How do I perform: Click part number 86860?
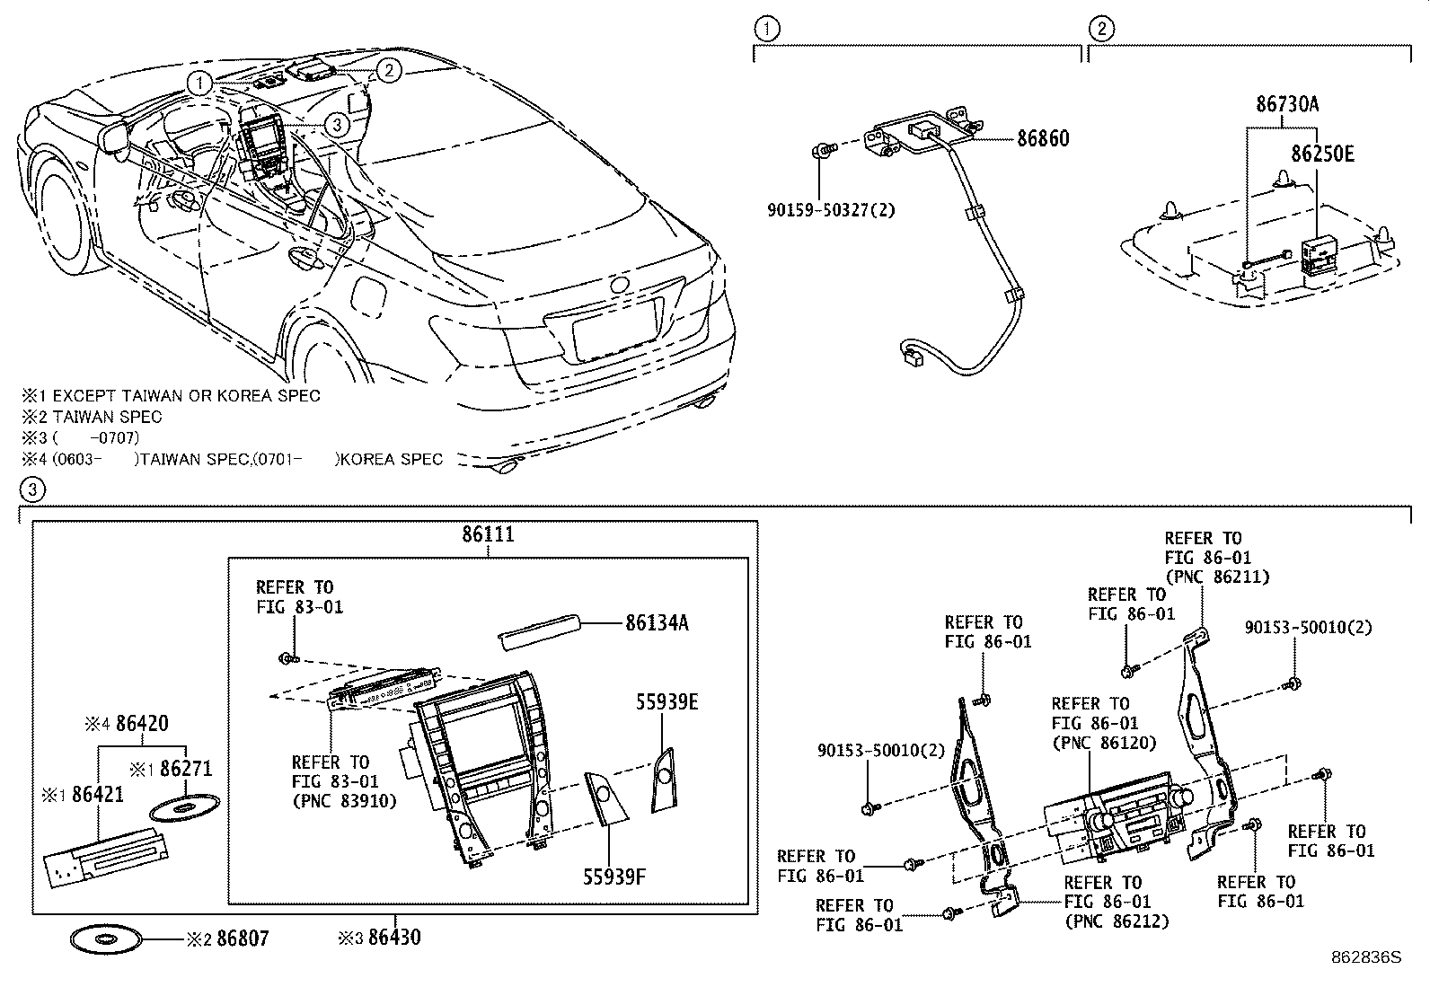pyautogui.click(x=1043, y=139)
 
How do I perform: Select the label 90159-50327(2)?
pyautogui.click(x=831, y=210)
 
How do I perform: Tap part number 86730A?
pyautogui.click(x=1286, y=104)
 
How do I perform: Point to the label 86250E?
pyautogui.click(x=1322, y=154)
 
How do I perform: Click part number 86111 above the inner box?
pyautogui.click(x=488, y=534)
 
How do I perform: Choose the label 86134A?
pyautogui.click(x=657, y=622)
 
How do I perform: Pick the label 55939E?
pyautogui.click(x=666, y=702)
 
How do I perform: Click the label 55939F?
pyautogui.click(x=615, y=877)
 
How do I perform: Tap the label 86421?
pyautogui.click(x=98, y=795)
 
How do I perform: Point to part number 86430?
pyautogui.click(x=393, y=939)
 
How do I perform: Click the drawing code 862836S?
pyautogui.click(x=1366, y=957)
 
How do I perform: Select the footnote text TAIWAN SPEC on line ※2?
pyautogui.click(x=108, y=417)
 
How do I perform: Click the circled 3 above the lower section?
pyautogui.click(x=31, y=490)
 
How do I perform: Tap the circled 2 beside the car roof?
pyautogui.click(x=387, y=69)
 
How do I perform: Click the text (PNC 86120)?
pyautogui.click(x=1104, y=743)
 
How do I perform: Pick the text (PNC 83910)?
pyautogui.click(x=344, y=800)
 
